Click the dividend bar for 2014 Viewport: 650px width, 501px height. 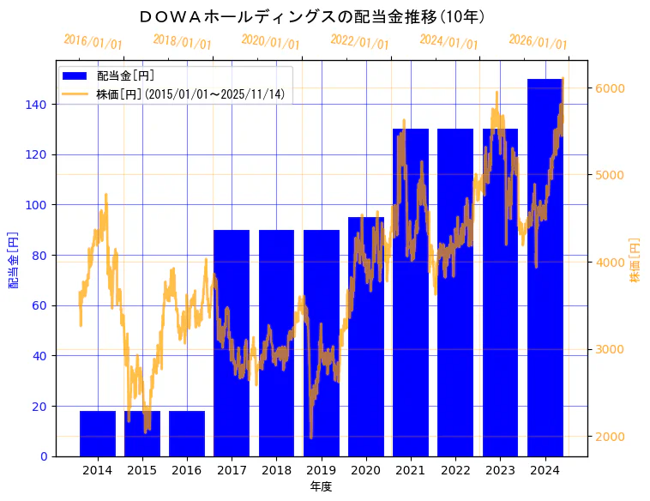[x=98, y=433]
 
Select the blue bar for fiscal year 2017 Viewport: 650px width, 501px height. [x=232, y=343]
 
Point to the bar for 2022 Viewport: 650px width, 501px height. [x=455, y=293]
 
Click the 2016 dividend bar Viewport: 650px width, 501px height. [x=187, y=433]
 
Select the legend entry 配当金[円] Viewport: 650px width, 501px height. [x=125, y=75]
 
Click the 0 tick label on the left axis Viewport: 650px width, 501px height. [x=44, y=456]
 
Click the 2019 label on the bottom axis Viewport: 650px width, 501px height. [x=321, y=471]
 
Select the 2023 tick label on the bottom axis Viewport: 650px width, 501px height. [x=500, y=471]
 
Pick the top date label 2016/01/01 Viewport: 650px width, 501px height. [x=93, y=42]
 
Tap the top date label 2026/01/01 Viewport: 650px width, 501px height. [x=538, y=42]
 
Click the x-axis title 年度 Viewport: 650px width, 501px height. [x=321, y=486]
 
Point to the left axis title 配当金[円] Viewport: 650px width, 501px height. [x=14, y=259]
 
